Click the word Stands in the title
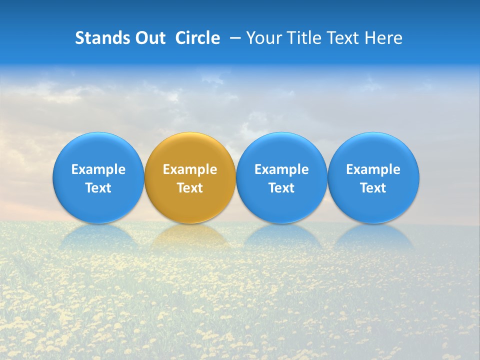coord(100,38)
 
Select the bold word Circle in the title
coord(197,38)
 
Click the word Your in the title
coord(262,38)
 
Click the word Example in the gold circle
coord(190,169)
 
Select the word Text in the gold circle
coord(190,188)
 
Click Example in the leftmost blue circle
coord(98,169)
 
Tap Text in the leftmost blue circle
coord(98,188)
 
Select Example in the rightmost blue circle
coord(373,169)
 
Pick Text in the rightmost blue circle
coord(373,188)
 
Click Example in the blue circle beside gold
coord(281,169)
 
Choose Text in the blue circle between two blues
coord(281,188)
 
